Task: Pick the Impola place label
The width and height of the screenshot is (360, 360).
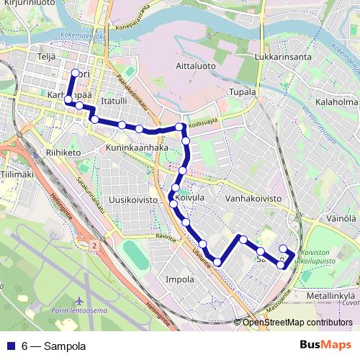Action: [180, 279]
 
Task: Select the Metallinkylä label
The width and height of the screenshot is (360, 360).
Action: [331, 295]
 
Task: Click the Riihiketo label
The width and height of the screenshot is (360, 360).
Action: [60, 153]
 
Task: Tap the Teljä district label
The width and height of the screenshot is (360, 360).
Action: [46, 55]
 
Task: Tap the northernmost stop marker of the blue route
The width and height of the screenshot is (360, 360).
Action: [75, 72]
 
